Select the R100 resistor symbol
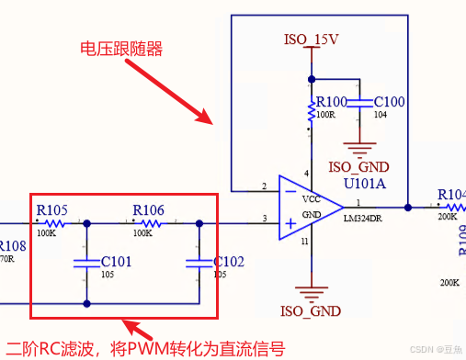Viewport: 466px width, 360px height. point(311,112)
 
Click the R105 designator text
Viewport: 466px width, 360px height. point(51,209)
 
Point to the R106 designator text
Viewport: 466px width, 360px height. point(148,209)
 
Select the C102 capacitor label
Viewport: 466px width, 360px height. point(229,262)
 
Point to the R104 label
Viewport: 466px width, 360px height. point(451,195)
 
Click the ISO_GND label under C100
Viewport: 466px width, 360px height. point(358,167)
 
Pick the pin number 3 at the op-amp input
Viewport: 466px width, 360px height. point(265,217)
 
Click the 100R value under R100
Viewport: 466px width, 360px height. point(325,115)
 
